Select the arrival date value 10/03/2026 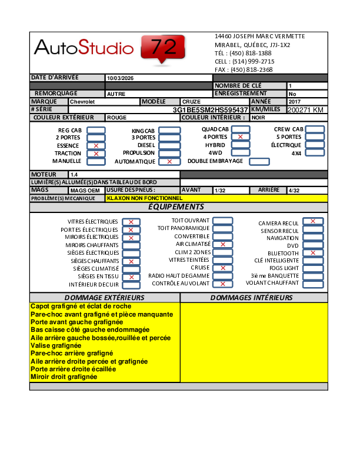[120, 78]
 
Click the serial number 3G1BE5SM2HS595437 [210, 109]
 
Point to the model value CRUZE [192, 102]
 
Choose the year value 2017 [294, 102]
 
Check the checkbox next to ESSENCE [96, 145]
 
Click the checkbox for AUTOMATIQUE [169, 161]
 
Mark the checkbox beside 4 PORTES [240, 137]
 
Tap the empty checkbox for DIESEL [169, 145]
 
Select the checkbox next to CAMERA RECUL [313, 221]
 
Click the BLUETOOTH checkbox [313, 253]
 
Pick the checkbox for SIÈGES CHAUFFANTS [131, 261]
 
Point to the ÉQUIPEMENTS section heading [176, 207]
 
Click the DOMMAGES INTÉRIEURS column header [251, 298]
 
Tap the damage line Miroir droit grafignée [64, 377]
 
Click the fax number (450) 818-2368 [251, 69]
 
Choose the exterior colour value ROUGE [116, 118]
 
